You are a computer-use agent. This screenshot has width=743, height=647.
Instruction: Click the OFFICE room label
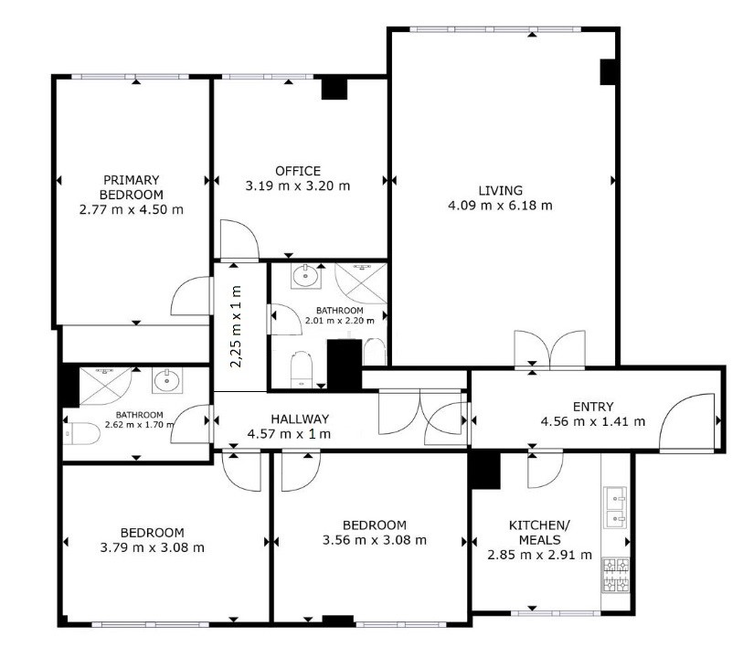coord(298,171)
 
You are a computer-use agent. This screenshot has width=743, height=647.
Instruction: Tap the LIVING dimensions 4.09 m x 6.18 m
coord(500,206)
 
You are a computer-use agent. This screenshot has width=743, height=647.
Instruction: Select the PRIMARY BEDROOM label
coord(132,187)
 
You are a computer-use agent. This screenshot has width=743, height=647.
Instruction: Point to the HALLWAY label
coord(300,419)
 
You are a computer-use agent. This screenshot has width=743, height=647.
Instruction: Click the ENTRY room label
coord(593,407)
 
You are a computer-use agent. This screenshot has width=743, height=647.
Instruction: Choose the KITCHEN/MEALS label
coord(539,532)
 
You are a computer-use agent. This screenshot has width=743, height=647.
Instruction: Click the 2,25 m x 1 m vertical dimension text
coord(236,326)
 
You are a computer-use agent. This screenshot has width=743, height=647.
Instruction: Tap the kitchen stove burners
coord(616,576)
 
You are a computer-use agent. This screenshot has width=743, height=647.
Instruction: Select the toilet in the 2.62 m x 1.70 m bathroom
coord(81,434)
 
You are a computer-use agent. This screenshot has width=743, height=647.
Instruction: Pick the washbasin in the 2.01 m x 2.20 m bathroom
coord(305,276)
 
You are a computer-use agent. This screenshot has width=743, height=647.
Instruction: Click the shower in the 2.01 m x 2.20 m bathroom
coord(361,283)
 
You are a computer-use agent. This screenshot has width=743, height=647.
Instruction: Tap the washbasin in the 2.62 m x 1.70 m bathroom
coord(166,381)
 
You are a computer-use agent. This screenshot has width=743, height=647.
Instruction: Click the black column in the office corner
coord(334,89)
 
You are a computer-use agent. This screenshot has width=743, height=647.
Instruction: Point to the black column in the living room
coord(608,72)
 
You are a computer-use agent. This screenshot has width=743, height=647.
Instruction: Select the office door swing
coord(239,239)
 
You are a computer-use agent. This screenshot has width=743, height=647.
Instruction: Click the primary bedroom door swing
coord(190,296)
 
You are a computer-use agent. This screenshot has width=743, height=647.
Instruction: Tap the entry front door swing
coord(687,421)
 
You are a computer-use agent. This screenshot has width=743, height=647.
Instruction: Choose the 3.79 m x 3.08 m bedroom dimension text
coord(152,547)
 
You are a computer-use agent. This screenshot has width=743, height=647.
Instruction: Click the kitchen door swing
coord(546,470)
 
